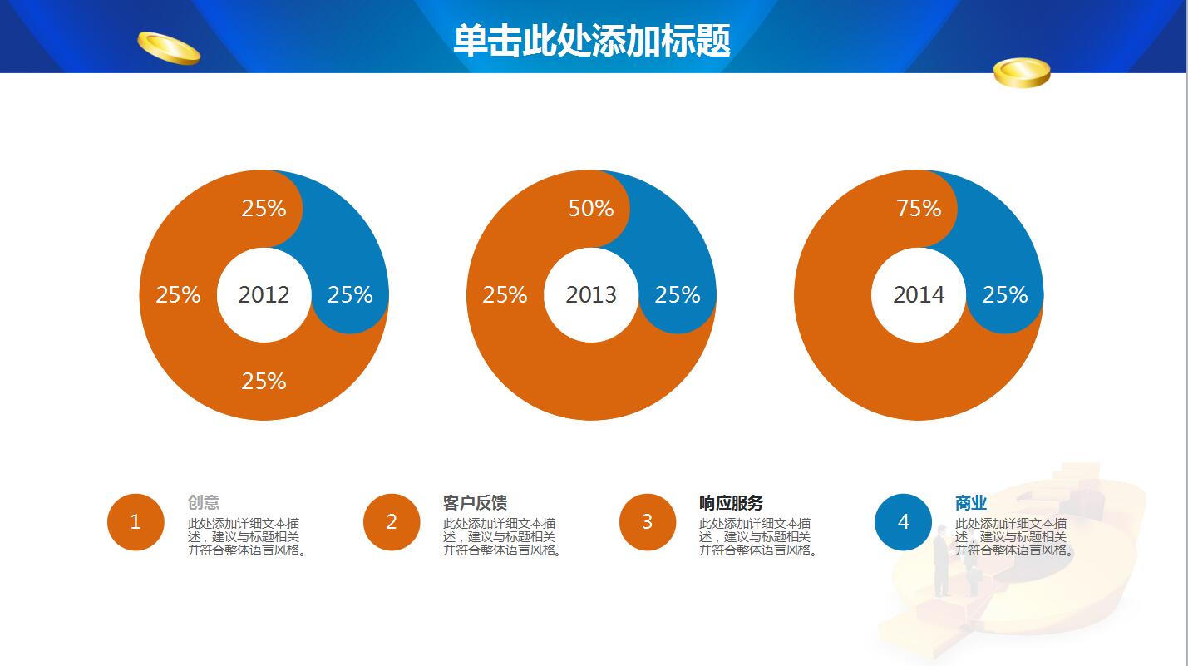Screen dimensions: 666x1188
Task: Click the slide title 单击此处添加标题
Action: point(591,40)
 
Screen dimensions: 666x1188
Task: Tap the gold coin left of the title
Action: point(169,47)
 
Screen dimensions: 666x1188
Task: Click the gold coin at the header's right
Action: point(1022,73)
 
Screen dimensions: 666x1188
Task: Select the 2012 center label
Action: point(264,294)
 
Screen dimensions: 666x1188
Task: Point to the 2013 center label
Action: point(591,294)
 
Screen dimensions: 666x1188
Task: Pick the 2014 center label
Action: point(919,294)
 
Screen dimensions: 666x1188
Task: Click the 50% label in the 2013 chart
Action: point(591,208)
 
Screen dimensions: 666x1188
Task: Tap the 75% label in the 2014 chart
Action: point(919,208)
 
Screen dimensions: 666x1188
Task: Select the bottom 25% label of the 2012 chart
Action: point(264,381)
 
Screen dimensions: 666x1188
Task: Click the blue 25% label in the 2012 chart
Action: point(350,294)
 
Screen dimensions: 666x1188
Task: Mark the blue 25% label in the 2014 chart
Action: point(1005,294)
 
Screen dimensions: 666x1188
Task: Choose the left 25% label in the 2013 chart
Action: point(505,294)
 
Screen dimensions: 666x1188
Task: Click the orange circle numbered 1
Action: point(136,522)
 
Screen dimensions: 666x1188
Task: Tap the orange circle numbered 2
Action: point(392,522)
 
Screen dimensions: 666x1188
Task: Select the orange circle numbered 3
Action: point(648,522)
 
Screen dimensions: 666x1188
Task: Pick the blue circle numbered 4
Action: point(904,522)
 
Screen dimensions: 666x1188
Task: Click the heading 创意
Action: point(204,503)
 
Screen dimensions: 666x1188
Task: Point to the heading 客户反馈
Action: point(475,503)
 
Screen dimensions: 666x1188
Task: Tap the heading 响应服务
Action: point(731,503)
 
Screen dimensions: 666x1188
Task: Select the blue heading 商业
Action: point(971,503)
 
